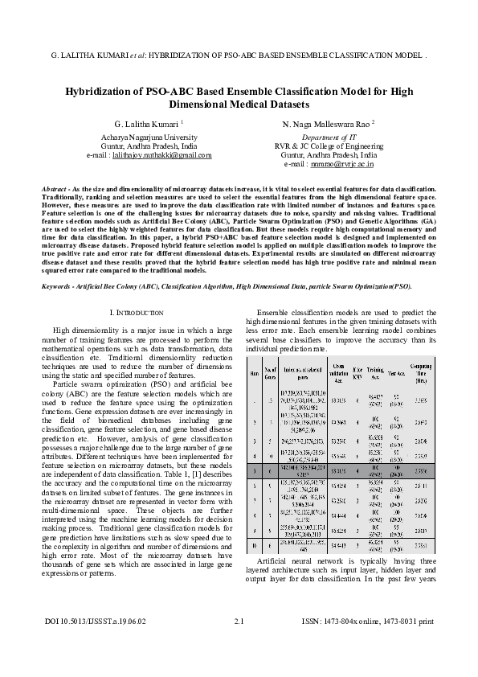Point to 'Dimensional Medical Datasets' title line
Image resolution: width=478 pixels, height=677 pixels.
(239, 105)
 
